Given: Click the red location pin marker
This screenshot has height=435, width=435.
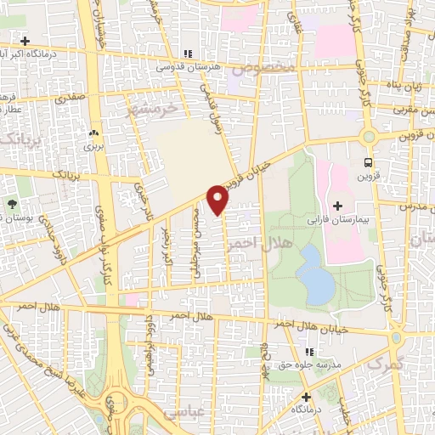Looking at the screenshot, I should (218, 199).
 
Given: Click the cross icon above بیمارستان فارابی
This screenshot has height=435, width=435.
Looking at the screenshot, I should (337, 206).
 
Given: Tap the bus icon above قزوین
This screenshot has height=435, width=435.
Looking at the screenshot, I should (368, 162).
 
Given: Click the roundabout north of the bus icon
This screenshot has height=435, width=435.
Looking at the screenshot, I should (368, 135).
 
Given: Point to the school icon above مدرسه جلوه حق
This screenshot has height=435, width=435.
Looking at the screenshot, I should (309, 351).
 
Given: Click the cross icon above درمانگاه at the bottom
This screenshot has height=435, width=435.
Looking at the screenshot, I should (305, 397).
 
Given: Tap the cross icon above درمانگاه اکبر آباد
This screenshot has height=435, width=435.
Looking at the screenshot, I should (25, 41).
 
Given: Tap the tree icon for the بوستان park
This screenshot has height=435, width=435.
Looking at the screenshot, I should (13, 205).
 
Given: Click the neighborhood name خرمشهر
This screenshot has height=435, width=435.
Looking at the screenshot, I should (155, 110).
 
